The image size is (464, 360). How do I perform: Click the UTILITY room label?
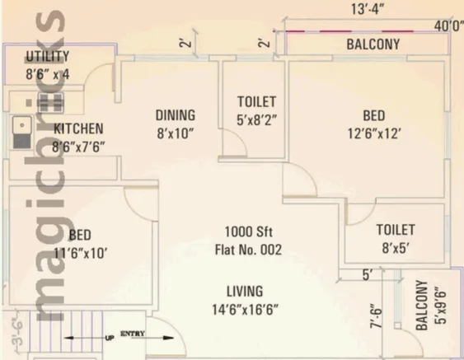(x=47, y=56)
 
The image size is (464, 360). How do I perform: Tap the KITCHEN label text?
(x=78, y=129)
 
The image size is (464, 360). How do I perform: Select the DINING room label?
(x=176, y=115)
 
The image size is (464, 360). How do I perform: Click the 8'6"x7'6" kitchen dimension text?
(x=78, y=147)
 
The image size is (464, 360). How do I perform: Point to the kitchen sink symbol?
(x=22, y=133)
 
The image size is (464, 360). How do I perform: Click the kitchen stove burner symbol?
(x=50, y=103)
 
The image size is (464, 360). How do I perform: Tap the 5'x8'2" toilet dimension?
(x=257, y=119)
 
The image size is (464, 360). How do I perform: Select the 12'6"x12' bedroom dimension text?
(x=374, y=133)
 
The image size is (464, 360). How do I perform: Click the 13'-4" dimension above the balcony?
(x=368, y=9)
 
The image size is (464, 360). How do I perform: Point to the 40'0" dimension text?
(x=448, y=26)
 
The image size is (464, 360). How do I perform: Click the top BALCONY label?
(x=373, y=44)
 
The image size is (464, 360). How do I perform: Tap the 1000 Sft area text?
(x=249, y=231)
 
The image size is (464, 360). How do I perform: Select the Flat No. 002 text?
(x=248, y=250)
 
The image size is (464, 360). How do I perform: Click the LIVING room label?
(x=245, y=292)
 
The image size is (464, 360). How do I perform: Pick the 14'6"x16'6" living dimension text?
(x=245, y=310)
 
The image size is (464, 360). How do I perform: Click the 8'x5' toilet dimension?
(x=396, y=248)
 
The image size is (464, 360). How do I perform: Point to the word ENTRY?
(x=133, y=334)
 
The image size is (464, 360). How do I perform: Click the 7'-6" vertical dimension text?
(x=376, y=316)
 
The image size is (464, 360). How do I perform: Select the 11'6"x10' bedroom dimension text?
(x=80, y=254)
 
